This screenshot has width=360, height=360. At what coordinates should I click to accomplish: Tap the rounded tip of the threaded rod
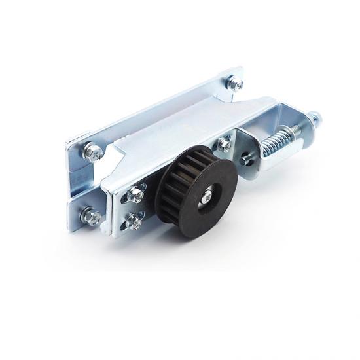tap(317, 118)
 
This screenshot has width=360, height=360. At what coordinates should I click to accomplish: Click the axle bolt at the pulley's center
tap(207, 195)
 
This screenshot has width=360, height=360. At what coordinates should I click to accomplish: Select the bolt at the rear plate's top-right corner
tap(233, 82)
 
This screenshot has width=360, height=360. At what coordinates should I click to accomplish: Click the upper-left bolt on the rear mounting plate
tap(94, 153)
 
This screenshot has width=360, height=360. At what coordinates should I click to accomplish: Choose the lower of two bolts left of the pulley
tap(135, 220)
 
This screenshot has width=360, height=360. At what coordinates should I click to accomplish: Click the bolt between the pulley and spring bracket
tap(225, 143)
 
